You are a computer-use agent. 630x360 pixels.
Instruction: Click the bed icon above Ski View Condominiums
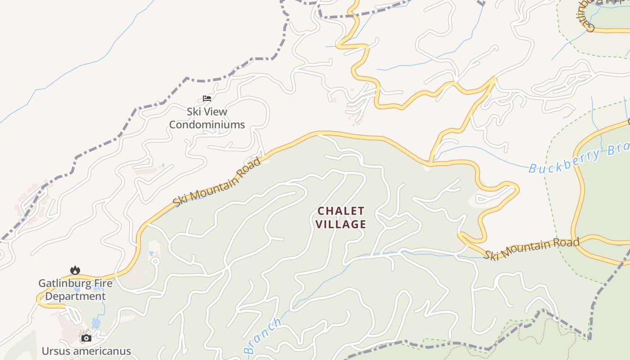(x=207, y=98)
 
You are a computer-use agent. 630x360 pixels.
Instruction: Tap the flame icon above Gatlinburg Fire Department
(x=75, y=270)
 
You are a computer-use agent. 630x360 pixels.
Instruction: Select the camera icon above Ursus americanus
(x=86, y=338)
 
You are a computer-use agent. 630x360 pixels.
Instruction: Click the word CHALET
(x=341, y=211)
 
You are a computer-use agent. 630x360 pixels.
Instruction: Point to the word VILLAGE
(x=341, y=224)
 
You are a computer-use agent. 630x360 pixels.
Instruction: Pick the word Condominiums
(x=207, y=125)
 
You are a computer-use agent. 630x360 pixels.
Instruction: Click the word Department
(x=75, y=297)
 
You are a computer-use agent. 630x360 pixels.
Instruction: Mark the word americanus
(x=102, y=351)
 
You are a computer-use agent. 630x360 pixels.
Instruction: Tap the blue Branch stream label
(x=263, y=336)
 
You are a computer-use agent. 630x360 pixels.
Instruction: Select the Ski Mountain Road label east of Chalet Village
(x=532, y=249)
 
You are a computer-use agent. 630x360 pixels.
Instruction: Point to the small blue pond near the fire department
(x=96, y=323)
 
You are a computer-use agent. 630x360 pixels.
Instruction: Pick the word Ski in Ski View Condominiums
(x=193, y=112)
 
